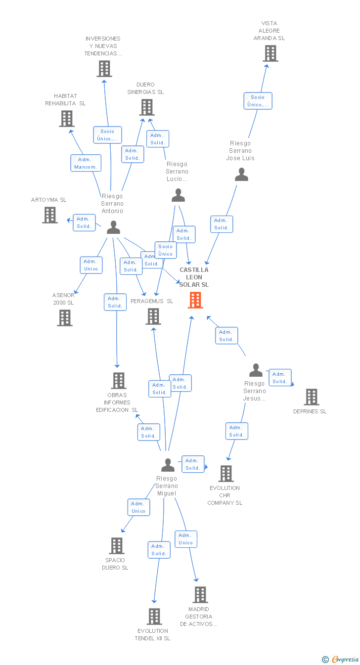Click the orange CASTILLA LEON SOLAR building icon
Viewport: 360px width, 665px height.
tap(195, 300)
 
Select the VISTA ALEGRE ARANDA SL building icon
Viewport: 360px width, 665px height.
tap(270, 53)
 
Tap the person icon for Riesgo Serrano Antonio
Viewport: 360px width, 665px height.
tap(113, 227)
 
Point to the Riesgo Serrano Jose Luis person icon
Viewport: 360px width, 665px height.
tap(241, 175)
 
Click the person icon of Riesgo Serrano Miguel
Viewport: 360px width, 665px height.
tap(168, 465)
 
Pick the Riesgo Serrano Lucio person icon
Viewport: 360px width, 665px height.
tap(178, 195)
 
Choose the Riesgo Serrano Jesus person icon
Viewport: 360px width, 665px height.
tap(256, 370)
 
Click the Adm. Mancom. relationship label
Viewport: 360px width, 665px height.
tap(86, 163)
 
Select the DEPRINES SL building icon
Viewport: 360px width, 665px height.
tap(311, 397)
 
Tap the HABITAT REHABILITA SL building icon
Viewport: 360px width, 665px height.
tap(67, 119)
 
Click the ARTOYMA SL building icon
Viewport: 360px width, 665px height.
tap(50, 215)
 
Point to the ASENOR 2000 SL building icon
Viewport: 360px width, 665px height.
tap(65, 318)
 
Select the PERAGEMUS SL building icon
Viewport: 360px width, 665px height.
tap(153, 316)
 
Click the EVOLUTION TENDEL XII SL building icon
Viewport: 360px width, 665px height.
tap(154, 617)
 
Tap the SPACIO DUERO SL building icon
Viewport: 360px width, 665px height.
tap(116, 546)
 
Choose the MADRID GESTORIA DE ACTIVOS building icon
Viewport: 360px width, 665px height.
tap(200, 595)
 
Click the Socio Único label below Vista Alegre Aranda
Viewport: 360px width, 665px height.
tap(258, 101)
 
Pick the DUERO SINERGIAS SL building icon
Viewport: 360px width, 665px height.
tap(147, 107)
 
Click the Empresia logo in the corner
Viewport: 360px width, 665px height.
tap(341, 659)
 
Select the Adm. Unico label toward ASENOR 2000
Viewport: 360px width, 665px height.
tap(91, 265)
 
